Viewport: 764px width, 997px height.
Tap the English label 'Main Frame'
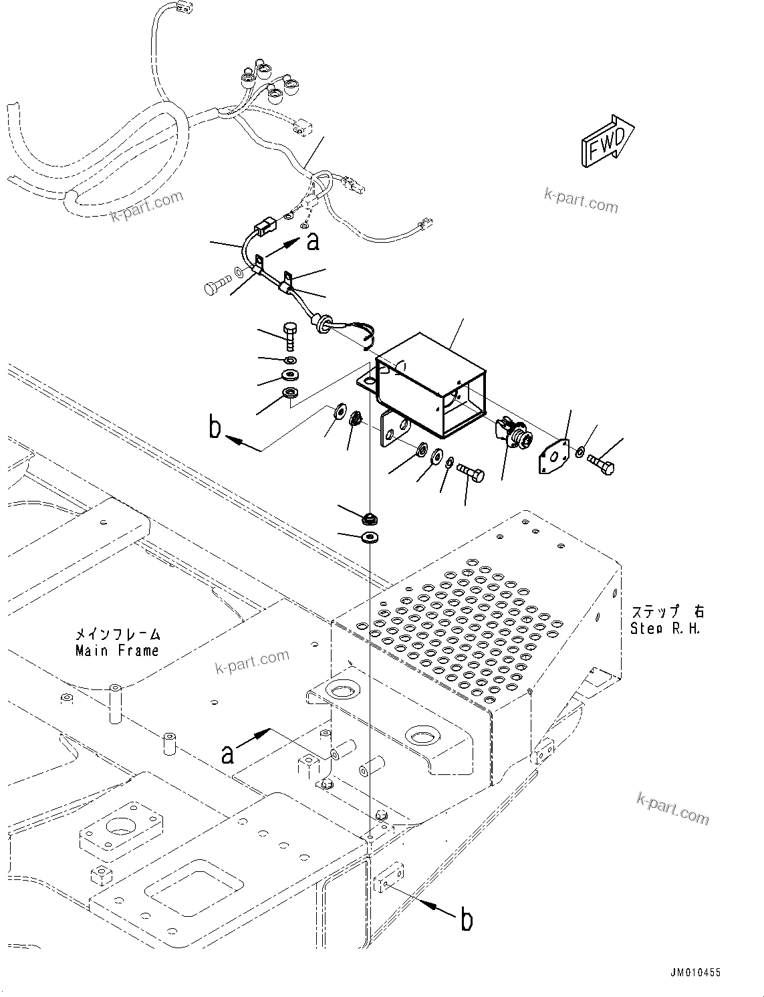pyautogui.click(x=117, y=650)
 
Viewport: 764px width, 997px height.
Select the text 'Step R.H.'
pyautogui.click(x=665, y=629)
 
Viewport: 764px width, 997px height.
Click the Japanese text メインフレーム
pyautogui.click(x=118, y=633)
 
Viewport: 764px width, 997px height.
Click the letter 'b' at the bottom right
pyautogui.click(x=467, y=919)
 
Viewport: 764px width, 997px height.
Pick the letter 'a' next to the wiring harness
pyautogui.click(x=312, y=241)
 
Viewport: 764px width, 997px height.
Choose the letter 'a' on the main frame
pyautogui.click(x=228, y=754)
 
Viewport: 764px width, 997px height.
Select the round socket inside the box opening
pyautogui.click(x=513, y=435)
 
